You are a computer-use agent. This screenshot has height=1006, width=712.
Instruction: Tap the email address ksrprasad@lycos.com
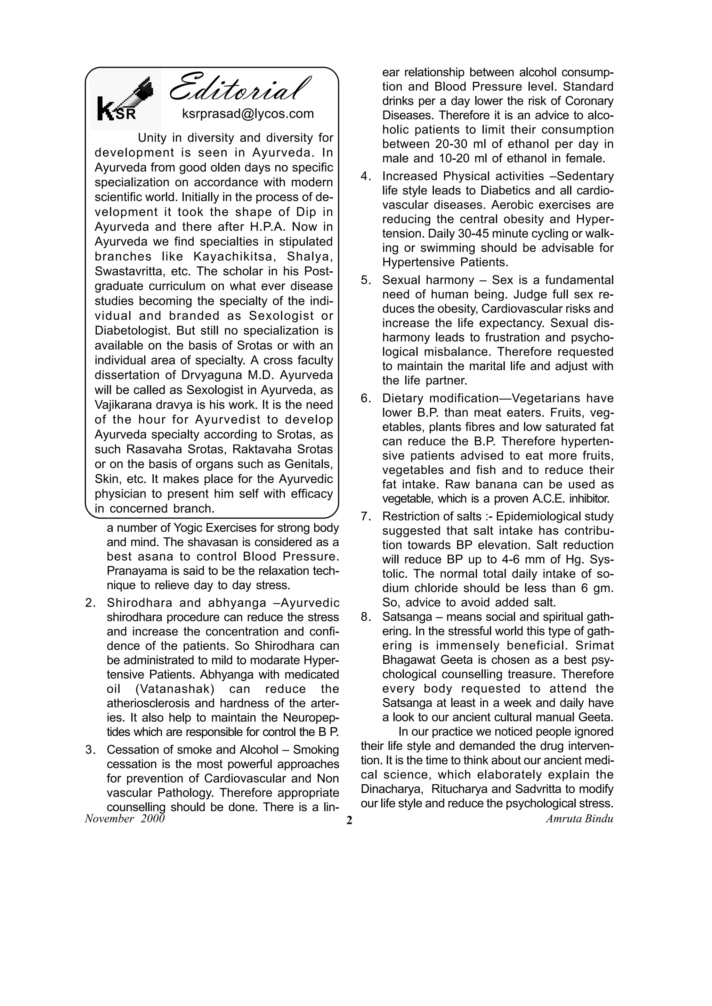248,114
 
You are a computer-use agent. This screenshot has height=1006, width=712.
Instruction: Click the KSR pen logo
125,100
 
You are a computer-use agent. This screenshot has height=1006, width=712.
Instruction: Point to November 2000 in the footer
124,818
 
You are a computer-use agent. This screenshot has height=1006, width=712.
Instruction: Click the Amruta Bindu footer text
579,818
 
